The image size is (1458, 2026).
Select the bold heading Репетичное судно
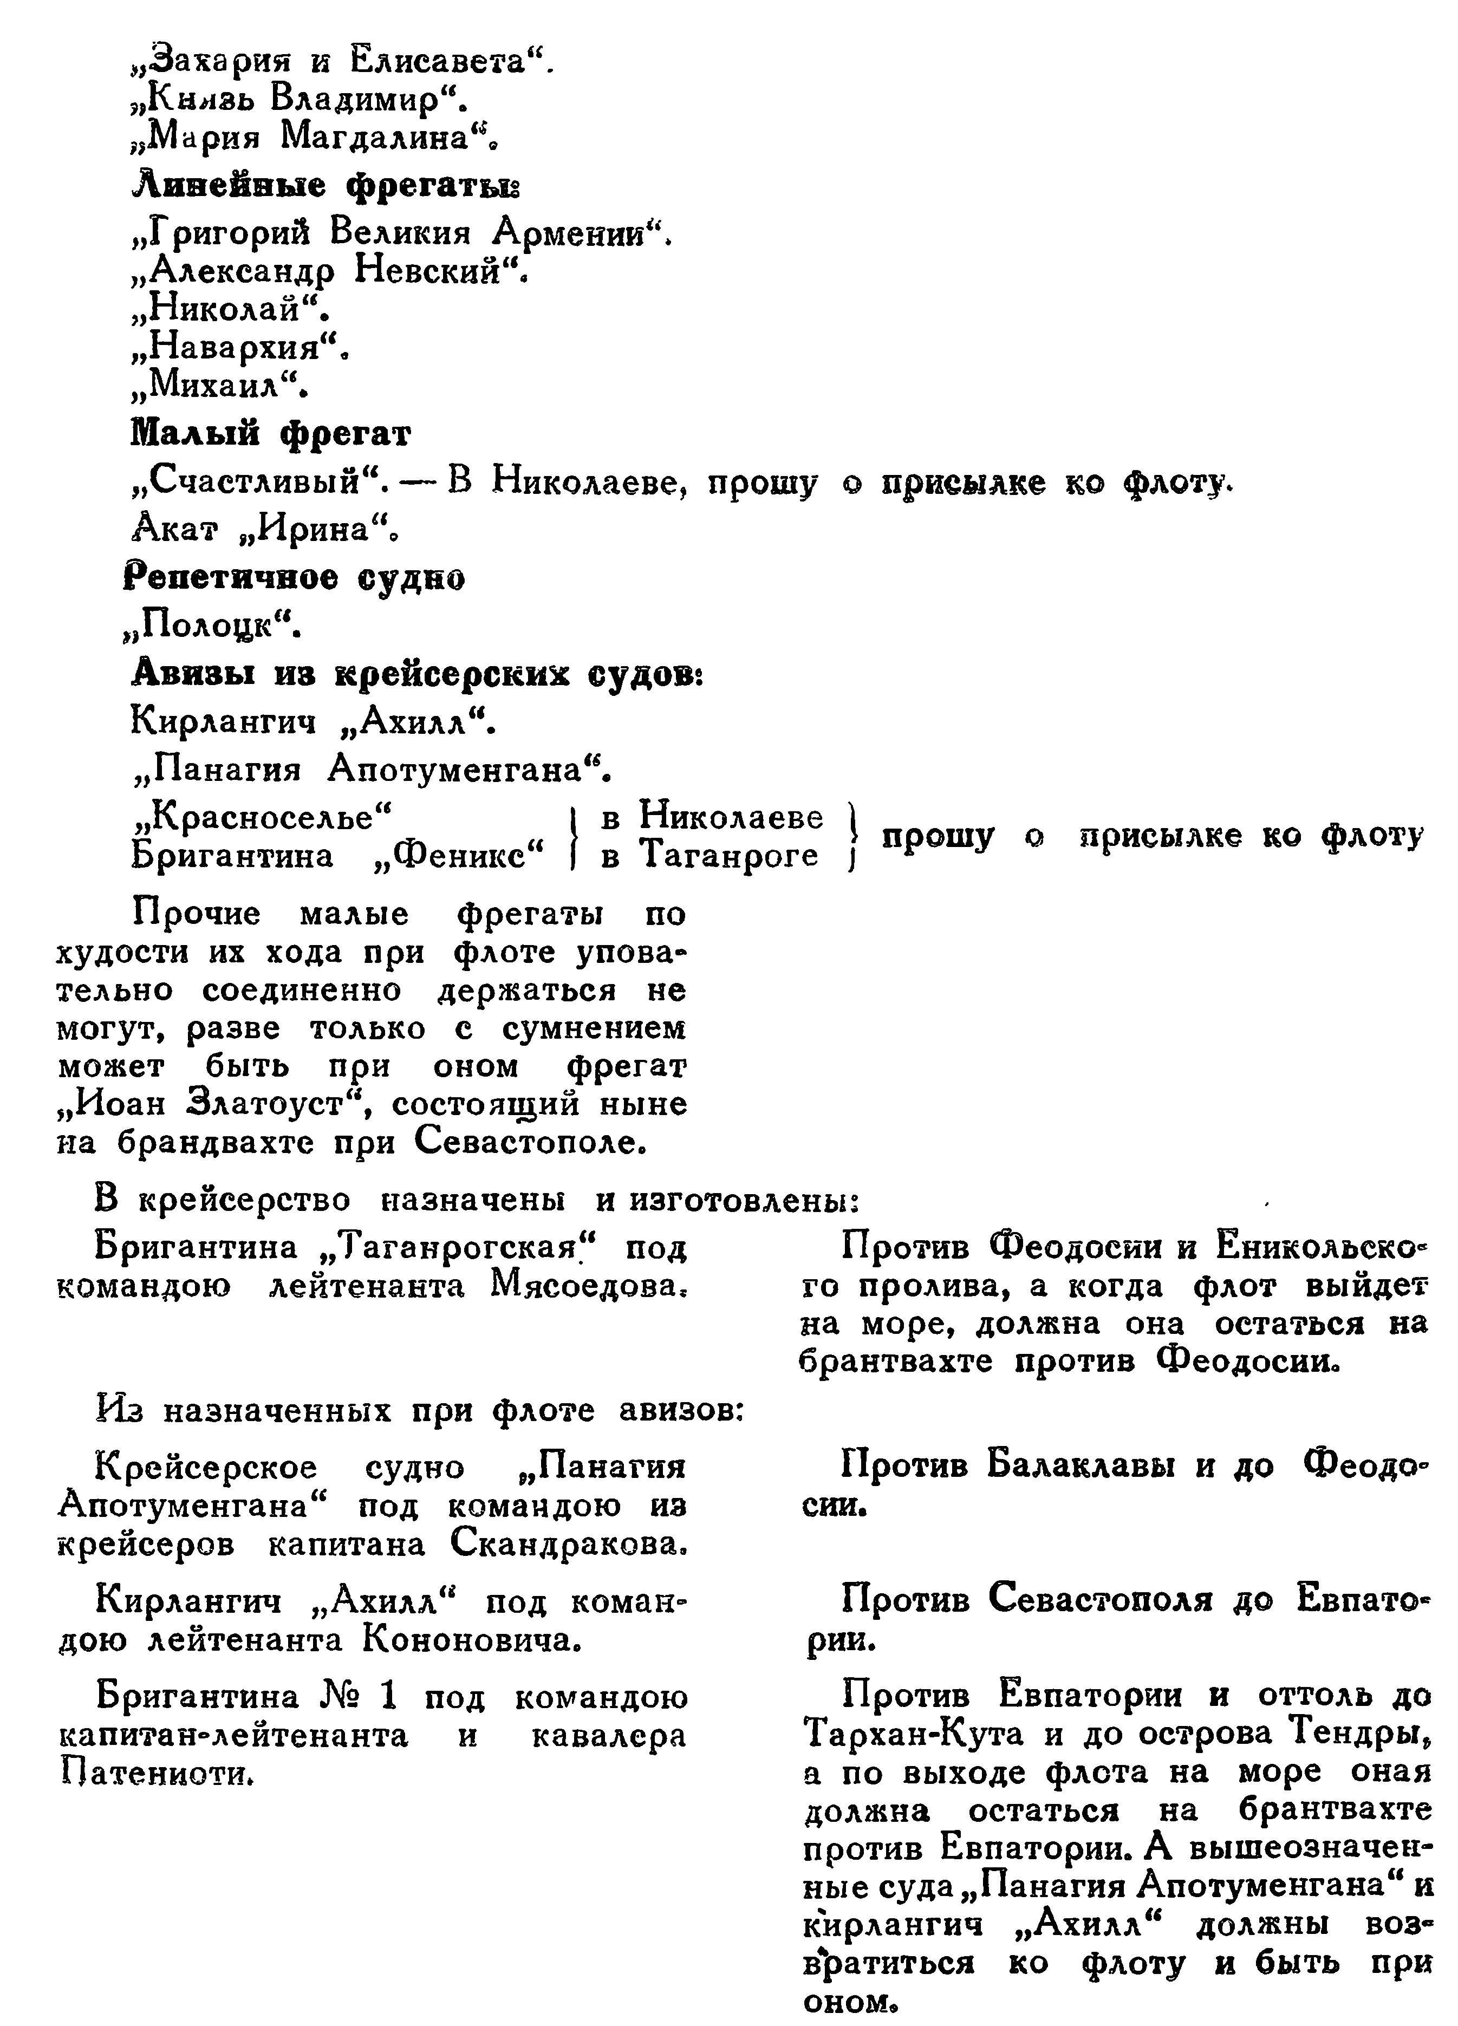point(294,579)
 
